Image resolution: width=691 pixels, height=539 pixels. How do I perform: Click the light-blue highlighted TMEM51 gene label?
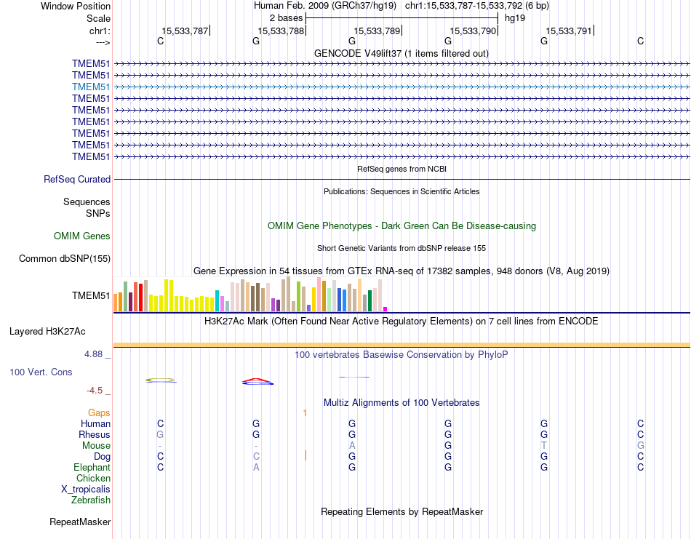91,87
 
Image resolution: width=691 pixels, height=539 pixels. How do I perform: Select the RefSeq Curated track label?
77,179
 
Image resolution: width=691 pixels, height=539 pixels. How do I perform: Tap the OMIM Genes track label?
82,236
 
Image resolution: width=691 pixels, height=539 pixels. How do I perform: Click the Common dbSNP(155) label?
65,258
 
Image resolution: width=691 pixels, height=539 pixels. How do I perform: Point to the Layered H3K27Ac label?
47,331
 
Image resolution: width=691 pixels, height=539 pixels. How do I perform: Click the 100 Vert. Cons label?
41,372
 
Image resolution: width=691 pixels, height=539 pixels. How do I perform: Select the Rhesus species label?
95,434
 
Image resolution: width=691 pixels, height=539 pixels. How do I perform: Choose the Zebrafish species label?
91,500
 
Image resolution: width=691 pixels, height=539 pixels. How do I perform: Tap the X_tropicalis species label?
86,489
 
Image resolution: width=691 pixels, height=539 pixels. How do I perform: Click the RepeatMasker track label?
80,522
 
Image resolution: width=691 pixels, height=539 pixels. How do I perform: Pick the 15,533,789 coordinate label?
377,31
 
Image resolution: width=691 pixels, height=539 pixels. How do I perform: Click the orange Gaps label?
99,412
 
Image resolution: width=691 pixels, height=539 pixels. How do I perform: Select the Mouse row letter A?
352,445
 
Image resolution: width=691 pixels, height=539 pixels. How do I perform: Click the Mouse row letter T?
543,445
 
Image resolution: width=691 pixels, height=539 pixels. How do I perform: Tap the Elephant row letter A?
256,467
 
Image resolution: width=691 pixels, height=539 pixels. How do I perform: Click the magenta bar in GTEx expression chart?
386,308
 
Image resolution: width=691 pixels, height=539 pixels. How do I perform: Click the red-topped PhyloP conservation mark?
257,380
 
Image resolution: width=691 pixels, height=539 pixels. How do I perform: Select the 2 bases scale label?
284,17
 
